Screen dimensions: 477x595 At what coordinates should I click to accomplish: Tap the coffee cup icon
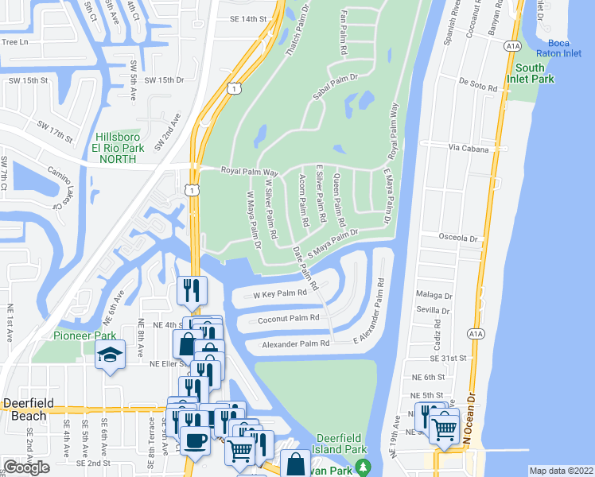tap(195, 440)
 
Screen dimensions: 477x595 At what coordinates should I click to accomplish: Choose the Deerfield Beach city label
tap(28, 403)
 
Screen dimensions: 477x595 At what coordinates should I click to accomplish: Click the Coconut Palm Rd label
tap(288, 318)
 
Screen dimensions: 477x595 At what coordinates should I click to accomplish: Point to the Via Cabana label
tap(466, 147)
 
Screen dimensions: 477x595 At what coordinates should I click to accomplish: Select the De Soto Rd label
tap(477, 80)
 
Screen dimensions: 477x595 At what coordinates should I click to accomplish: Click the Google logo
tap(26, 467)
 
